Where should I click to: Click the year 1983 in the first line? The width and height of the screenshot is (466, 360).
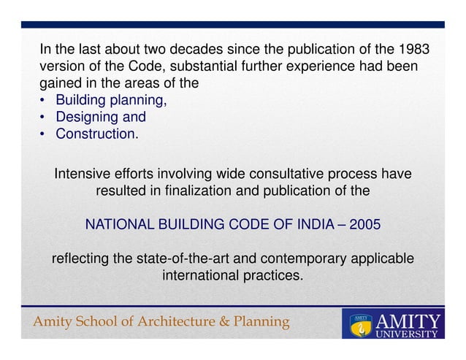pyautogui.click(x=412, y=50)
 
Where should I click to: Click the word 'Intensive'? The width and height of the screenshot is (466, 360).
pyautogui.click(x=82, y=175)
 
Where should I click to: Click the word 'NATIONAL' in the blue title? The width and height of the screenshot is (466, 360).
pyautogui.click(x=118, y=225)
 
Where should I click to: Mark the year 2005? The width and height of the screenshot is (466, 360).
pyautogui.click(x=364, y=225)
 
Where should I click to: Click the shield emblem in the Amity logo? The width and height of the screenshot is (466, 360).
pyautogui.click(x=359, y=323)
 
